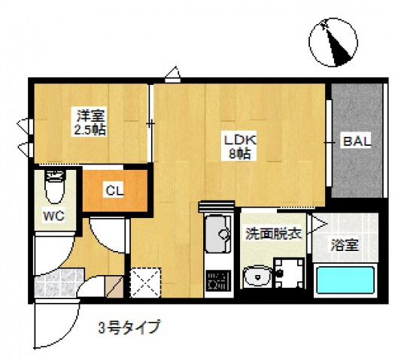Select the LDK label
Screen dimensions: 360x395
point(240,140)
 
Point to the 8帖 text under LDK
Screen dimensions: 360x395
point(240,154)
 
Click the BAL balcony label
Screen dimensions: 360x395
point(356,142)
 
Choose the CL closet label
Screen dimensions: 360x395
point(114,191)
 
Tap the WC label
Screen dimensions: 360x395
point(53,216)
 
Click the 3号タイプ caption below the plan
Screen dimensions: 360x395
point(129,328)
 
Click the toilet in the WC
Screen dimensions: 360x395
point(53,188)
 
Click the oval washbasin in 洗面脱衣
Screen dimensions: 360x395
point(257,278)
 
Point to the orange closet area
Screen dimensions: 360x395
point(114,191)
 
